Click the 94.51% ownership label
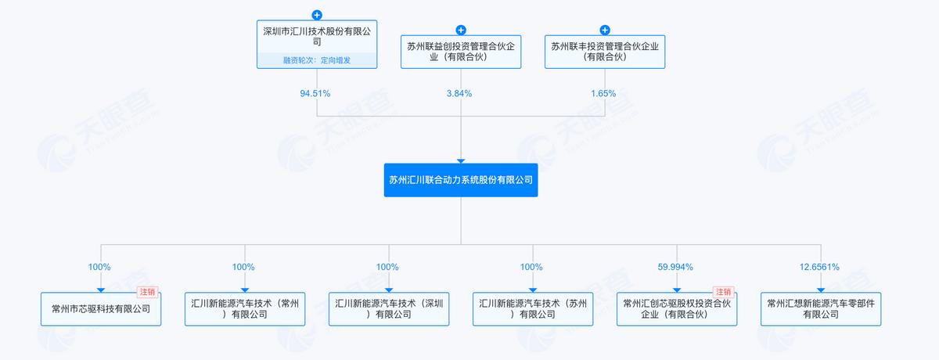315,93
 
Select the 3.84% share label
459,93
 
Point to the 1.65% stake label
603,93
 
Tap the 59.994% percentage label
675,267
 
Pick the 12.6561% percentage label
819,267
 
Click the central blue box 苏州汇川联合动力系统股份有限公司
461,180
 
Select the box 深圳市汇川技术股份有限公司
317,44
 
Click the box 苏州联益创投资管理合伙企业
461,52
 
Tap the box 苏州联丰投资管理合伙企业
605,52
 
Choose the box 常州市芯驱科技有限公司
101,309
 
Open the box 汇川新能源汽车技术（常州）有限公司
245,309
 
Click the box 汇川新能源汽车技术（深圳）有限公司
389,309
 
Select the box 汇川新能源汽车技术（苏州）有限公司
533,309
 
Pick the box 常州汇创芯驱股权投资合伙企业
677,309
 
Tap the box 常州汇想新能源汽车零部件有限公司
821,309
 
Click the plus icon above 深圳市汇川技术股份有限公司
317,15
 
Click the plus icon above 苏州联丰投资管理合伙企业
605,31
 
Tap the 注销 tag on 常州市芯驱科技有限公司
148,292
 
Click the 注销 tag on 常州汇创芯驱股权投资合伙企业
724,292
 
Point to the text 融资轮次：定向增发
317,60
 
